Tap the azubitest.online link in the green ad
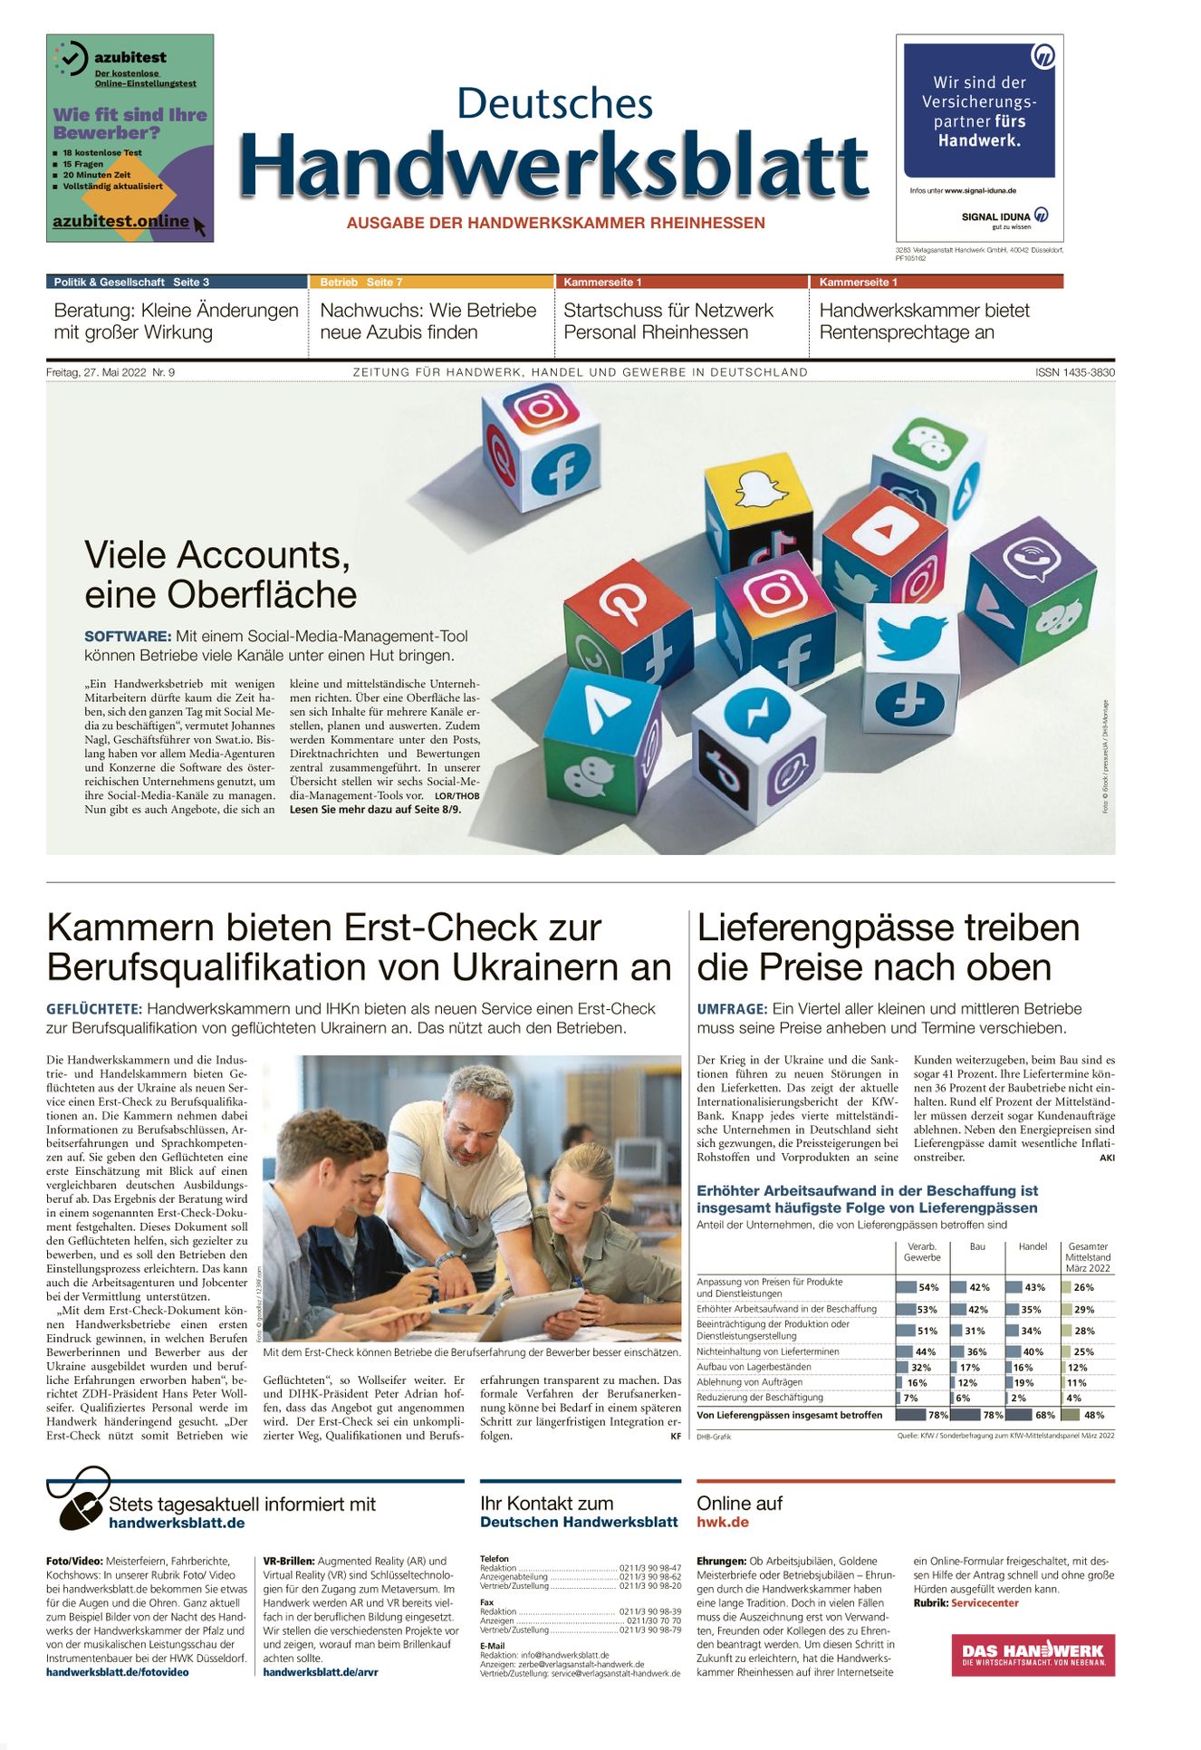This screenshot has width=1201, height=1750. coord(120,221)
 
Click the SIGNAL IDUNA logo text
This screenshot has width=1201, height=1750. coord(995,216)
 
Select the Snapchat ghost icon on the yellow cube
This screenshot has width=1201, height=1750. coord(758,488)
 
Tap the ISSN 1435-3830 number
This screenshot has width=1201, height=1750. coord(1075,372)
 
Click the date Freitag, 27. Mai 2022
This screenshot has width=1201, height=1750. coord(96,372)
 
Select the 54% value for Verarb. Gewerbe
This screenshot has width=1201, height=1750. coord(928,1287)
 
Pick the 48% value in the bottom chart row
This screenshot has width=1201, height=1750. coord(1093,1415)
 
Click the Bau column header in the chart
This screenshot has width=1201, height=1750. coord(977,1246)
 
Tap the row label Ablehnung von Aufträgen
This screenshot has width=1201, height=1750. coord(749,1382)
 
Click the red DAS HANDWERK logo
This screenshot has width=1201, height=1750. coord(1033,1655)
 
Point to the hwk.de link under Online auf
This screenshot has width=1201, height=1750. coord(722,1522)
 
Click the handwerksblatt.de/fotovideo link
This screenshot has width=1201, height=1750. coord(118,1672)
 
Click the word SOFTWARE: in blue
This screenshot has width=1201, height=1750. coord(128,637)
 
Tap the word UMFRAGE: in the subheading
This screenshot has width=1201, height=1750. coord(732,1009)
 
